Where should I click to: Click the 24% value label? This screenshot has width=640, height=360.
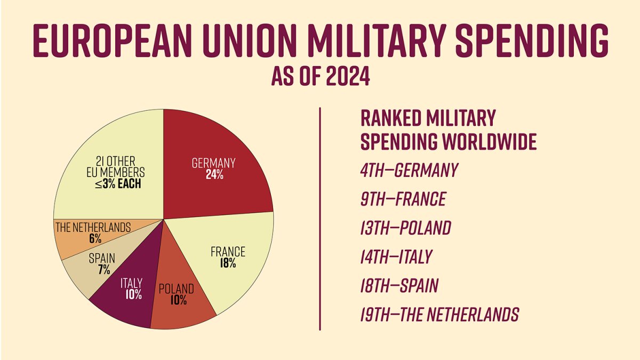(213, 175)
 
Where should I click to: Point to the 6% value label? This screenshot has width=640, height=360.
(95, 239)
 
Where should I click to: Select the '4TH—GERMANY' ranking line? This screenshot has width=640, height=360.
(409, 170)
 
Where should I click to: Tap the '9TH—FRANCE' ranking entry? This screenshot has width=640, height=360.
(403, 199)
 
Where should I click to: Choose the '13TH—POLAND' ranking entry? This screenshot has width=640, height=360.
(405, 228)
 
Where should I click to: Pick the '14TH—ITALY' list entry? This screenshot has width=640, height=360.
(396, 257)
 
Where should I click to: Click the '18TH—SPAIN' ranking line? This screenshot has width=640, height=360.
(399, 286)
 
